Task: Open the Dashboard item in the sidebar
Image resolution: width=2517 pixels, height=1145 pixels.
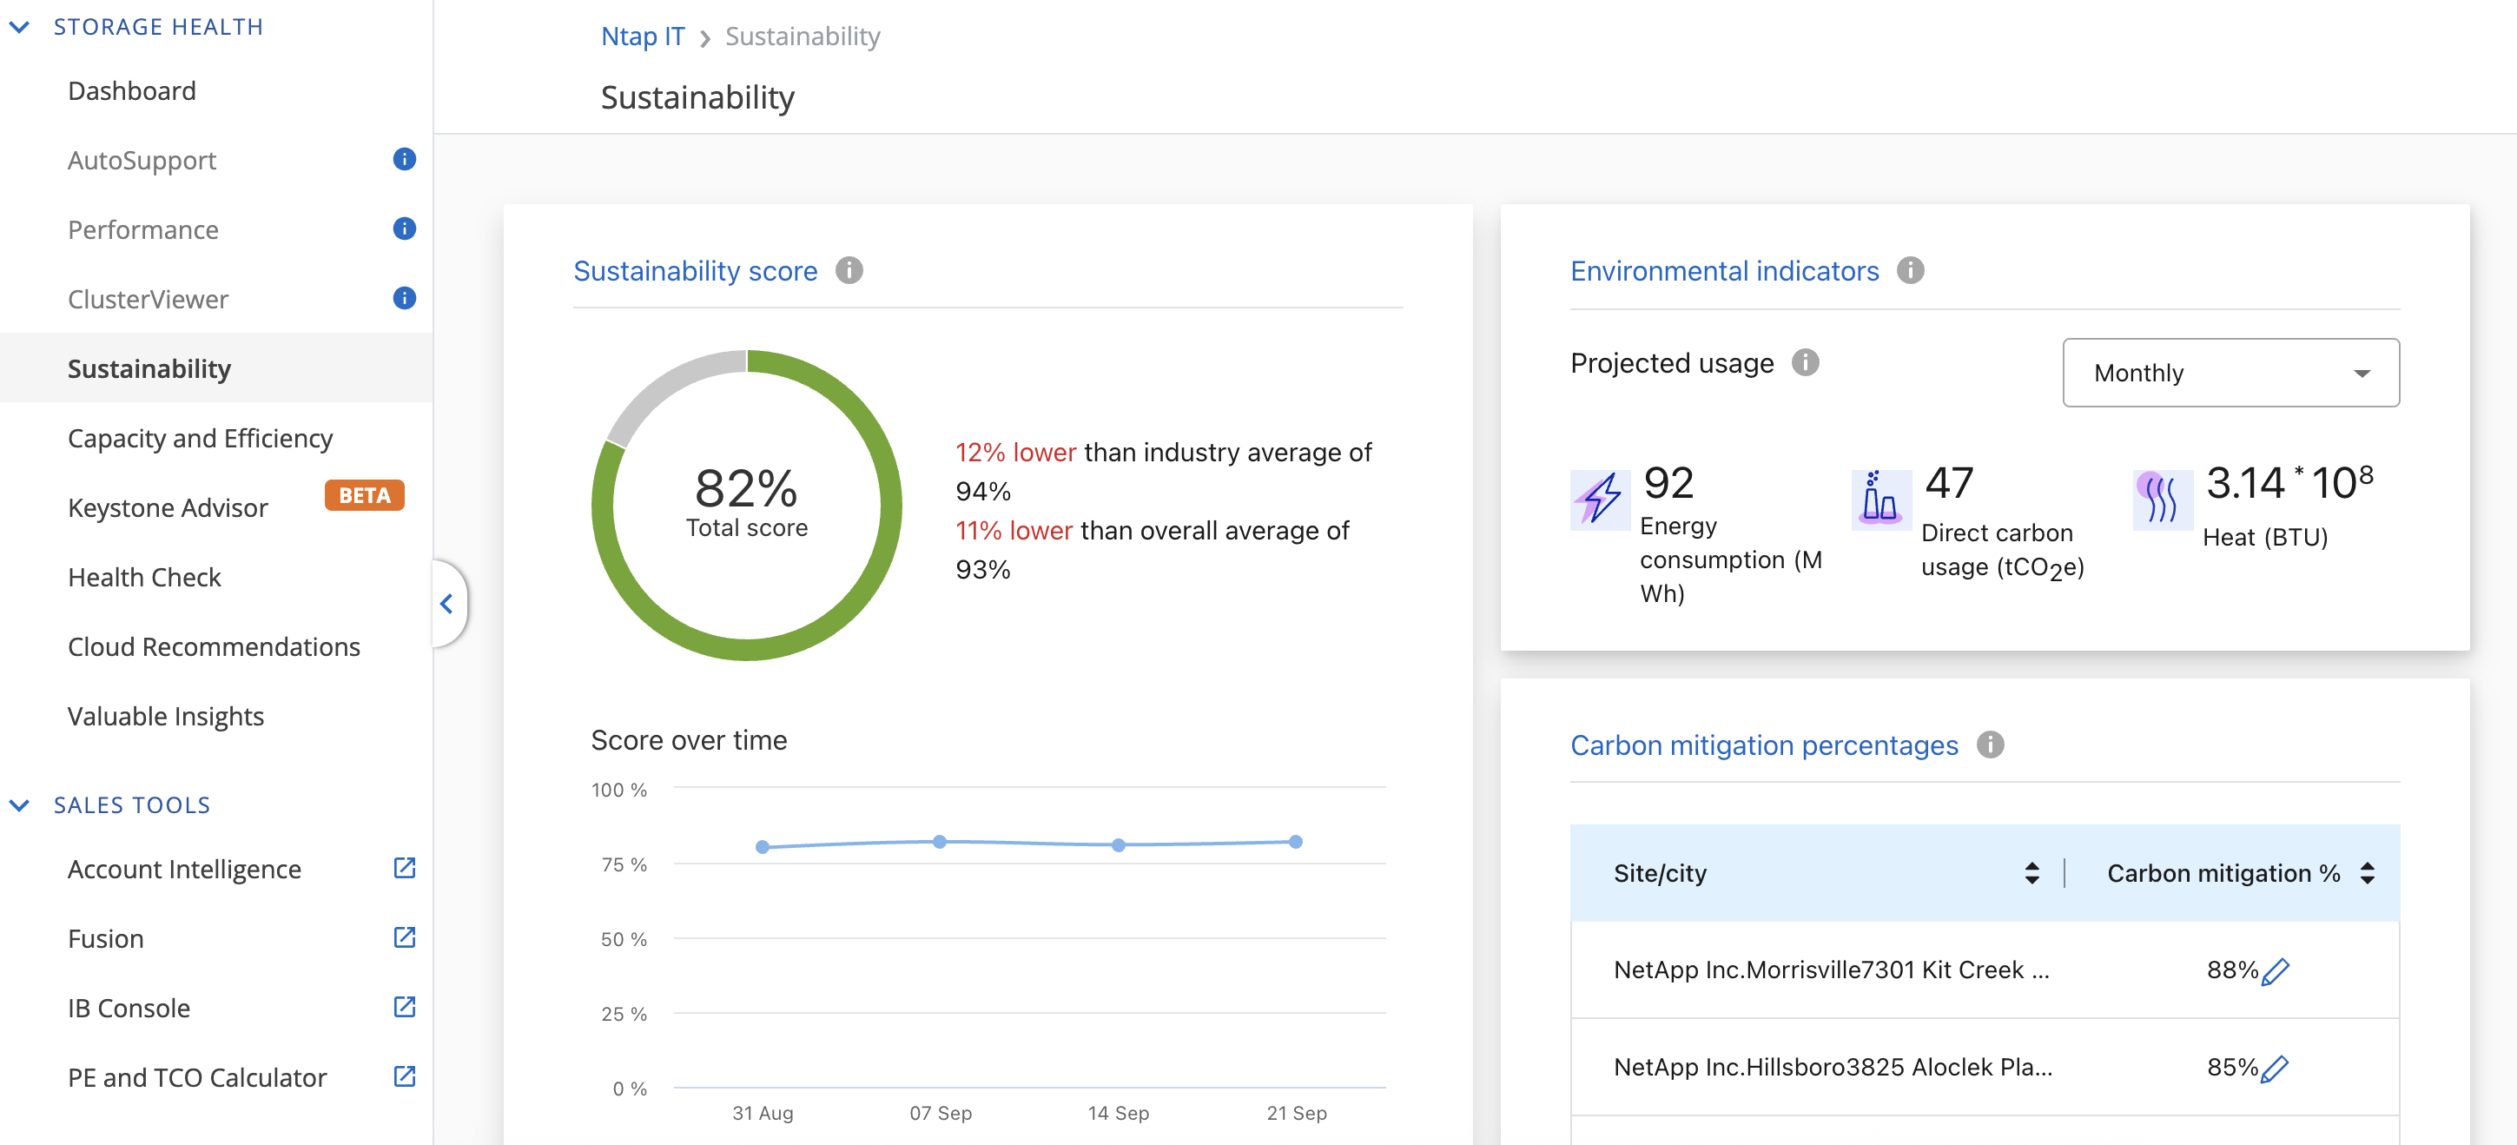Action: pos(132,91)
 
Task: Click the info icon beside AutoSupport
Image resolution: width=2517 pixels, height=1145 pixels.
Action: pos(404,159)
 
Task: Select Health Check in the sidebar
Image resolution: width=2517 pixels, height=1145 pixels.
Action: pos(144,578)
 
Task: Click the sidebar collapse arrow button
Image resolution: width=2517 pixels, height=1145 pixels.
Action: pos(446,604)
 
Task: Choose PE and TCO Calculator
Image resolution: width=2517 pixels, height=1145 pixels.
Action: pos(197,1077)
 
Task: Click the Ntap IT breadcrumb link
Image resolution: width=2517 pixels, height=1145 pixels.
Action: pos(642,36)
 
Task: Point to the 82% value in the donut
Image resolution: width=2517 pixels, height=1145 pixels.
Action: pos(745,487)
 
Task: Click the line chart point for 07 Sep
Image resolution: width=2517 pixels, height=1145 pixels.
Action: pos(940,841)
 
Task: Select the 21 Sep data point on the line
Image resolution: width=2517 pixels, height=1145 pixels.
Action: pos(1296,841)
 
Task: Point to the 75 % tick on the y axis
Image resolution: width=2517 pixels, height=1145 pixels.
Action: pos(624,864)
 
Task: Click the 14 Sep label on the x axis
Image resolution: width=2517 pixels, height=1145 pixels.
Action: pos(1118,1113)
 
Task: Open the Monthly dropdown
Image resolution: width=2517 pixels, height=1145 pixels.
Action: pos(2230,372)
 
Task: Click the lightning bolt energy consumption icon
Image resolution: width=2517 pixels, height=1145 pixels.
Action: pos(1600,500)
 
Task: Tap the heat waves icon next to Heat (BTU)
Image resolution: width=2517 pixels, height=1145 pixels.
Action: pos(2161,500)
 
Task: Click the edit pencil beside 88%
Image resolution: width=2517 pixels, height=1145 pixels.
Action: pos(2276,971)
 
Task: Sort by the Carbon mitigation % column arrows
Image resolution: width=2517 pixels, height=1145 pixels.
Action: pos(2368,872)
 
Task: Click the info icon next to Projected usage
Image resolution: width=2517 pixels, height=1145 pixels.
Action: pos(1805,363)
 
